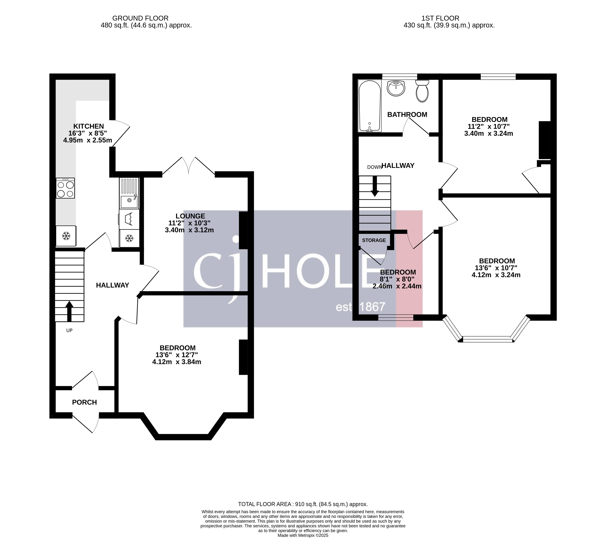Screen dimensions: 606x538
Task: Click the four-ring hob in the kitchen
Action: (65, 188)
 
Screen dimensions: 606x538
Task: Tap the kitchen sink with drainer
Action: (129, 193)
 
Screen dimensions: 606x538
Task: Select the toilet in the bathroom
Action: (422, 91)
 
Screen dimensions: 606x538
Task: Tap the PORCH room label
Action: (84, 402)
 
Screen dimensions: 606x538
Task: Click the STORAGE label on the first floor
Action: (374, 240)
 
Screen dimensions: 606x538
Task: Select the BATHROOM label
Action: (407, 114)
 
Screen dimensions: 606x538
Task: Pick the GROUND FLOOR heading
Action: (140, 18)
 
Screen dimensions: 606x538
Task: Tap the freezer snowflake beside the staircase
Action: (66, 236)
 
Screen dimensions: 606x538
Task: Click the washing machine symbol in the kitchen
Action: (129, 219)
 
